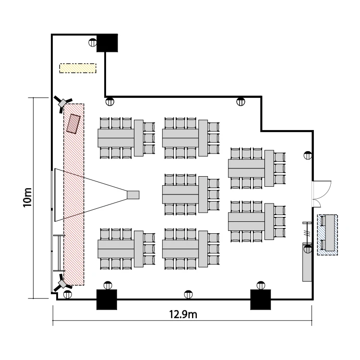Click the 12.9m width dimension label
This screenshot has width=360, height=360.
click(183, 315)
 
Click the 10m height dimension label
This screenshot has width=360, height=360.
click(28, 197)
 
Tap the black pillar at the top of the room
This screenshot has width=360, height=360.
click(107, 43)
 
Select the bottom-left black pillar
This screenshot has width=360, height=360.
click(107, 300)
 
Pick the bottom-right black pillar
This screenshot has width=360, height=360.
click(260, 300)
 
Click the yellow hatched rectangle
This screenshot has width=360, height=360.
click(78, 68)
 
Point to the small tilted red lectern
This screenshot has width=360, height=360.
click(74, 123)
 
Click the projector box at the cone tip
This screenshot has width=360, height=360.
click(132, 194)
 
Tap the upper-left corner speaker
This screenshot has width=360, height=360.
click(63, 103)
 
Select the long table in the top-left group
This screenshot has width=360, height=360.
click(116, 138)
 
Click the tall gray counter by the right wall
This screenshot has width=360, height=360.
click(307, 262)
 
